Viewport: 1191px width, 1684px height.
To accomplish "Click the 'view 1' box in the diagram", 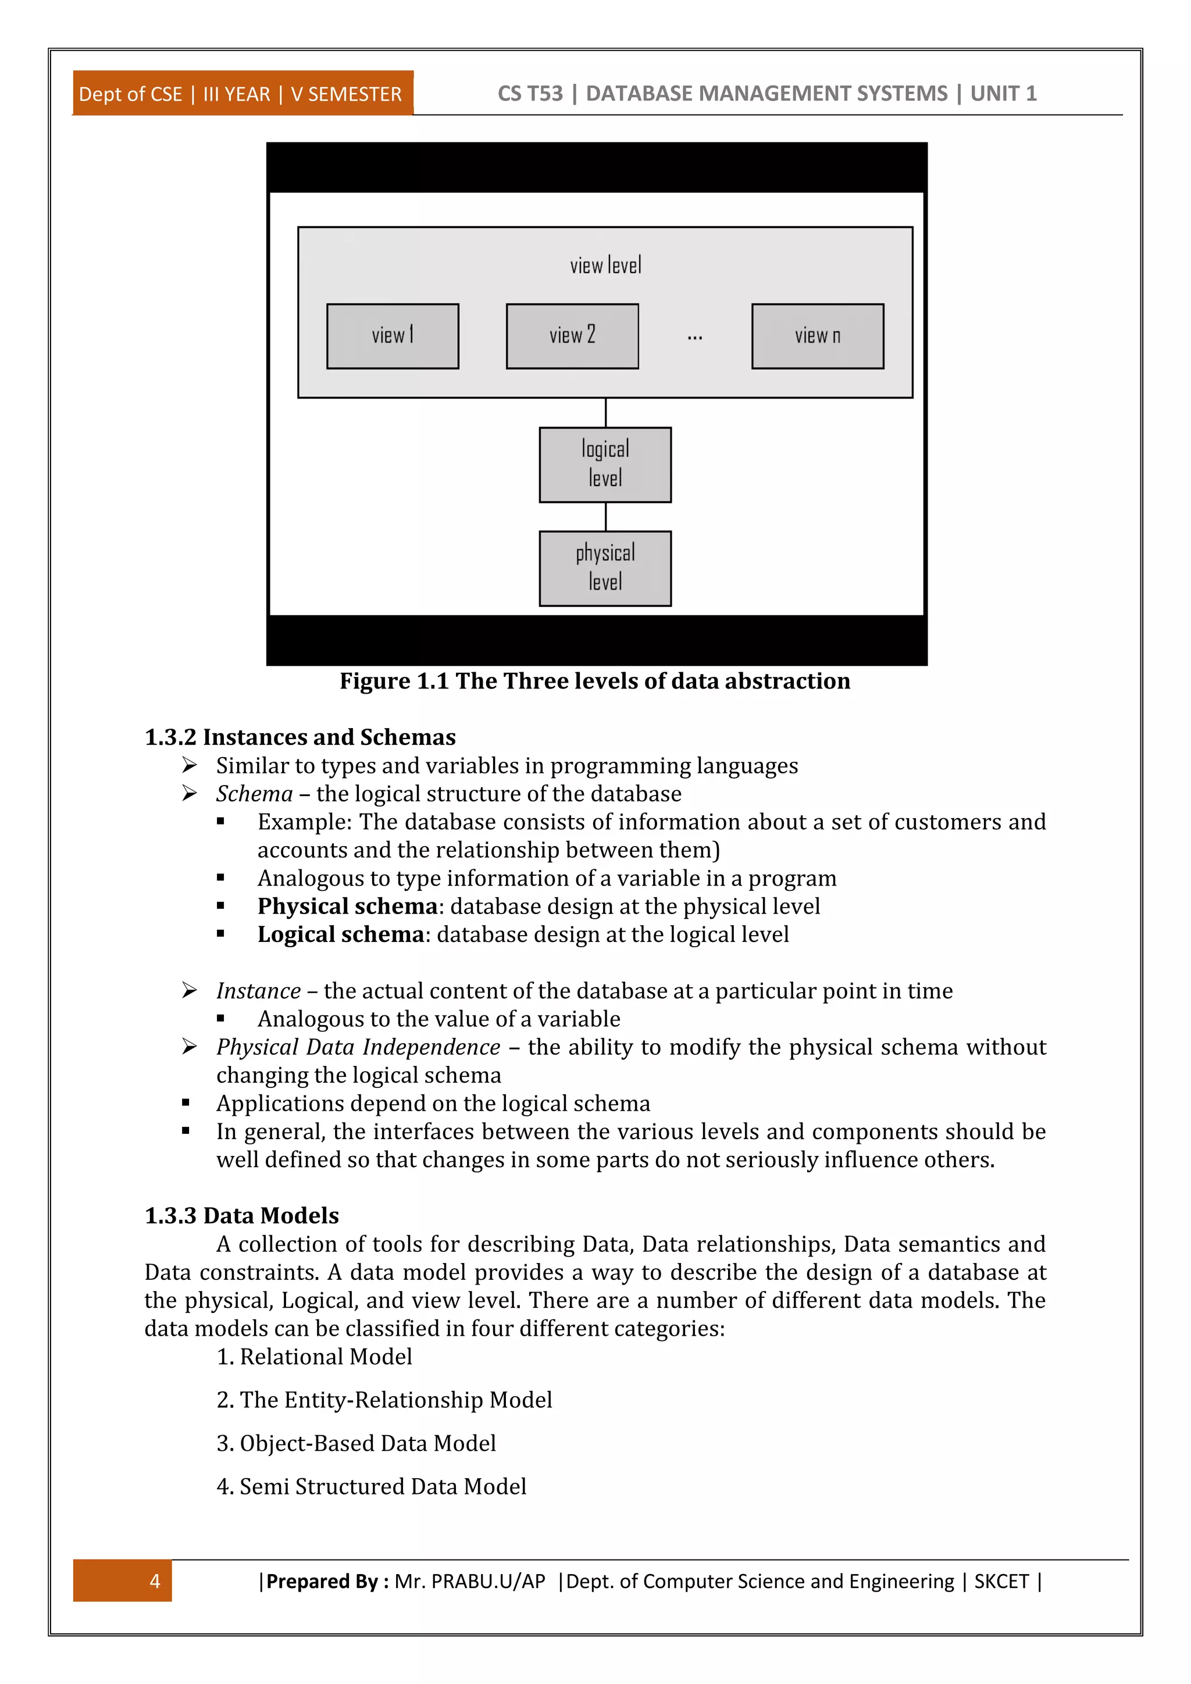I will tap(393, 336).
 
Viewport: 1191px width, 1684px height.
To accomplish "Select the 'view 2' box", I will tap(572, 336).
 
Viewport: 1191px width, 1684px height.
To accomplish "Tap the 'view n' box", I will tap(818, 336).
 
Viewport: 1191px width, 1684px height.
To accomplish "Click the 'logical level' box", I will tap(605, 464).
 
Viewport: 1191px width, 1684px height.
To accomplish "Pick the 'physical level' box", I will tap(605, 569).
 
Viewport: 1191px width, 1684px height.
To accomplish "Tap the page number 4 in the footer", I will tap(155, 1580).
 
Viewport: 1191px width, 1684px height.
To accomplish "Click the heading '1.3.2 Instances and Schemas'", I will tap(300, 736).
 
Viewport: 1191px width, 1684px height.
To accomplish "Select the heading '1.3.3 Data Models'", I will tap(241, 1215).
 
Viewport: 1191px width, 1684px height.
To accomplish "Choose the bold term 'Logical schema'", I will tap(341, 934).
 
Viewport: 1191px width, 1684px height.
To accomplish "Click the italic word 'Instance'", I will tap(258, 991).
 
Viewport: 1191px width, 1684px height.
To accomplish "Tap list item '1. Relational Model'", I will tap(315, 1356).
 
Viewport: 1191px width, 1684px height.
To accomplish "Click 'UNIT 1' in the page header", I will tap(1003, 94).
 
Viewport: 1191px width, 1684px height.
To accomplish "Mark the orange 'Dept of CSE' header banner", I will tap(242, 94).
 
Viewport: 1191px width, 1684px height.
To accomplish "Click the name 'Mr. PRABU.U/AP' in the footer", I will tap(470, 1581).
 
